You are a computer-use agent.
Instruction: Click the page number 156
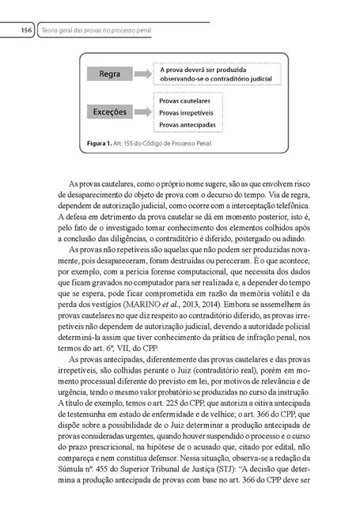[x=25, y=30]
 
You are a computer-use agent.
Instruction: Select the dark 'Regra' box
[x=110, y=74]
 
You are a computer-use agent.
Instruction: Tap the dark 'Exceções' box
[x=110, y=112]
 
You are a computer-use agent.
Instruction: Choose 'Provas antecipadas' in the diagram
[x=189, y=124]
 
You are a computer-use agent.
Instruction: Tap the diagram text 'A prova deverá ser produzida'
[x=204, y=70]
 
